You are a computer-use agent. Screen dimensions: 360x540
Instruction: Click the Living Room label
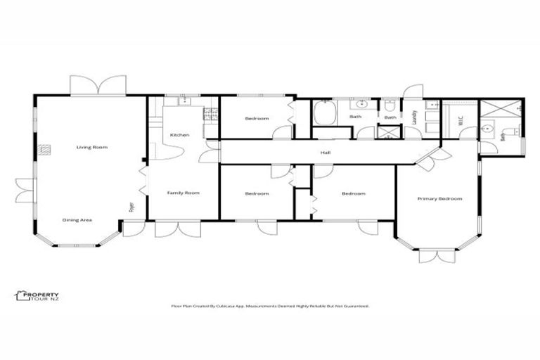pyautogui.click(x=92, y=147)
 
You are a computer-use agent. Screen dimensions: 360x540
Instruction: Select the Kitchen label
pyautogui.click(x=179, y=135)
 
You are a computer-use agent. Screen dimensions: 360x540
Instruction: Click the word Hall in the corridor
pyautogui.click(x=326, y=152)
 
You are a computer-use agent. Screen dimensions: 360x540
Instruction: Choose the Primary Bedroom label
pyautogui.click(x=439, y=199)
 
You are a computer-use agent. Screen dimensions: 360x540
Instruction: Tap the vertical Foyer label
pyautogui.click(x=131, y=207)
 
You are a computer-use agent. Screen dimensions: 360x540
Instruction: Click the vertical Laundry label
pyautogui.click(x=415, y=117)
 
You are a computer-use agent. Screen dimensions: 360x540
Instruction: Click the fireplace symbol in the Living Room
pyautogui.click(x=45, y=148)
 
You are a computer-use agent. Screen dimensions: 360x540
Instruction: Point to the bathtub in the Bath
pyautogui.click(x=324, y=113)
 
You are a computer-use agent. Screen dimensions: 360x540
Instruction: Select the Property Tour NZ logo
pyautogui.click(x=37, y=296)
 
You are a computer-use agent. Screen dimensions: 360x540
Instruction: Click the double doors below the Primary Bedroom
pyautogui.click(x=437, y=255)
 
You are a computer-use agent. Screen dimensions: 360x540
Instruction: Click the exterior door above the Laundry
pyautogui.click(x=412, y=91)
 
